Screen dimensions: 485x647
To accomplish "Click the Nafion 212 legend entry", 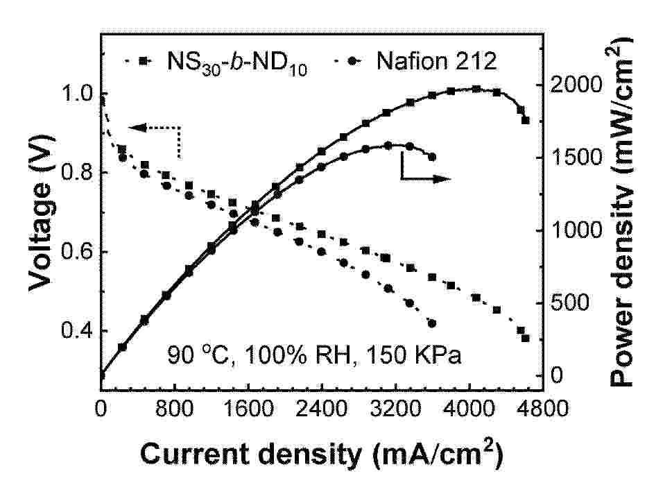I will (x=436, y=61).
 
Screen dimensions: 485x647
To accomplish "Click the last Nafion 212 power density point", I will (x=432, y=157).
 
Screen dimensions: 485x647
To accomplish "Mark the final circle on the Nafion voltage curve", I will (x=432, y=323).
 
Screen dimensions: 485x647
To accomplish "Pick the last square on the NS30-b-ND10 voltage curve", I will (x=525, y=338).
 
